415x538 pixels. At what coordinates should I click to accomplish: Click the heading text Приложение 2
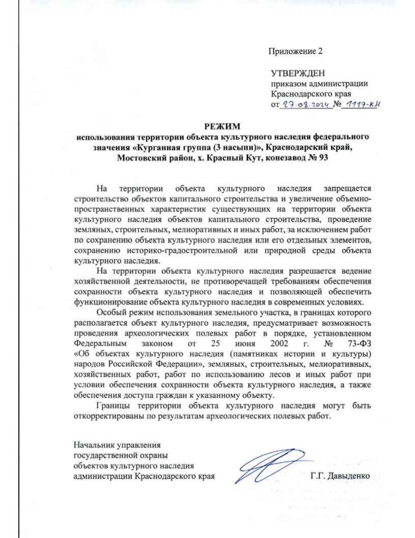point(296,51)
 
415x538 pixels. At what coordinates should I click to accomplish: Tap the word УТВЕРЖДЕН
point(298,73)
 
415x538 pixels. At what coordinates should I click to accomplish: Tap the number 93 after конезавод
point(322,158)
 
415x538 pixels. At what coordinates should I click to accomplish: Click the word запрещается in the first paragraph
point(347,189)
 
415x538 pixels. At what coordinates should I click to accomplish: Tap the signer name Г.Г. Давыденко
point(340,476)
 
